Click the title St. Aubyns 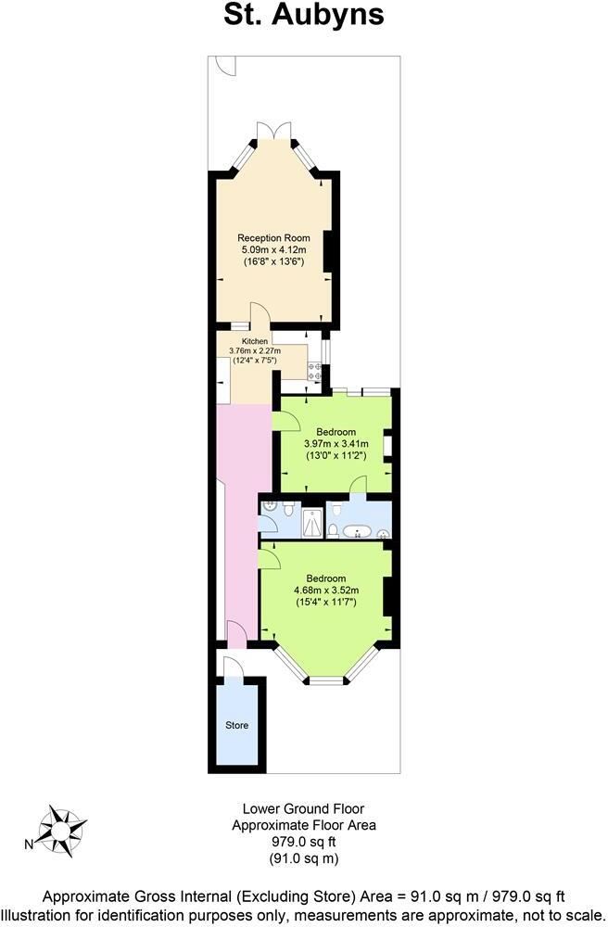point(303,16)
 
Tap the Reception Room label point(273,238)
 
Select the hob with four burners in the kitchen point(315,371)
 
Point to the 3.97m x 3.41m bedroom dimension point(336,444)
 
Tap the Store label point(237,725)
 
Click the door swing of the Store point(232,666)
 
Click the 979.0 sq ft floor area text point(303,842)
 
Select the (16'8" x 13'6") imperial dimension point(273,262)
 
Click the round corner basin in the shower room point(268,507)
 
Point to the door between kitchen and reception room point(259,316)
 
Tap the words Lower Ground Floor point(303,808)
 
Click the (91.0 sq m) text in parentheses point(303,858)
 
